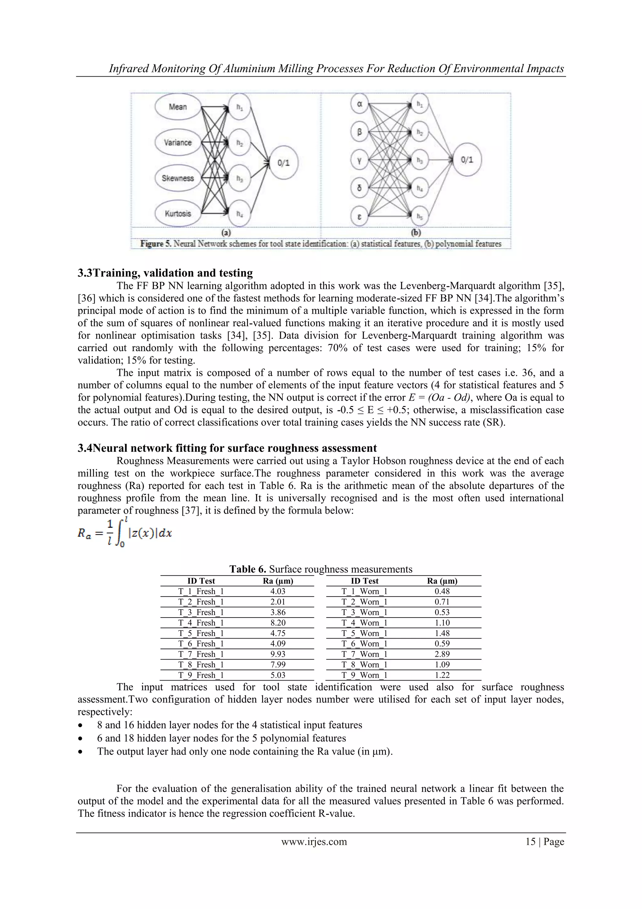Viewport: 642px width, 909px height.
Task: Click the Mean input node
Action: pos(178,107)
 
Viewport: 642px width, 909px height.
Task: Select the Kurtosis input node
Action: pos(178,214)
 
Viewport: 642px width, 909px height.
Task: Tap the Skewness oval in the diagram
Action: pos(178,178)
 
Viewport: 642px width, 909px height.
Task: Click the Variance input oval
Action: pos(178,142)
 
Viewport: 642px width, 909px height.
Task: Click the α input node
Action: pos(359,104)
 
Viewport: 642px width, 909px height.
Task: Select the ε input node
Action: pos(359,217)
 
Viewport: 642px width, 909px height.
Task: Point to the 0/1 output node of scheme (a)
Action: pos(283,163)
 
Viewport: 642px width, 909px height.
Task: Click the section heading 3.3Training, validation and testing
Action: pos(165,273)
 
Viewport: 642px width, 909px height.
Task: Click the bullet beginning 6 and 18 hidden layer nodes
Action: pos(222,738)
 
